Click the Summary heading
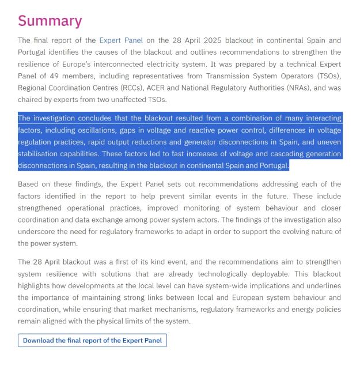point(50,21)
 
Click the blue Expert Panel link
point(121,40)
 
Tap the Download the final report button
point(93,340)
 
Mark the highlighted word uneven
point(328,142)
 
